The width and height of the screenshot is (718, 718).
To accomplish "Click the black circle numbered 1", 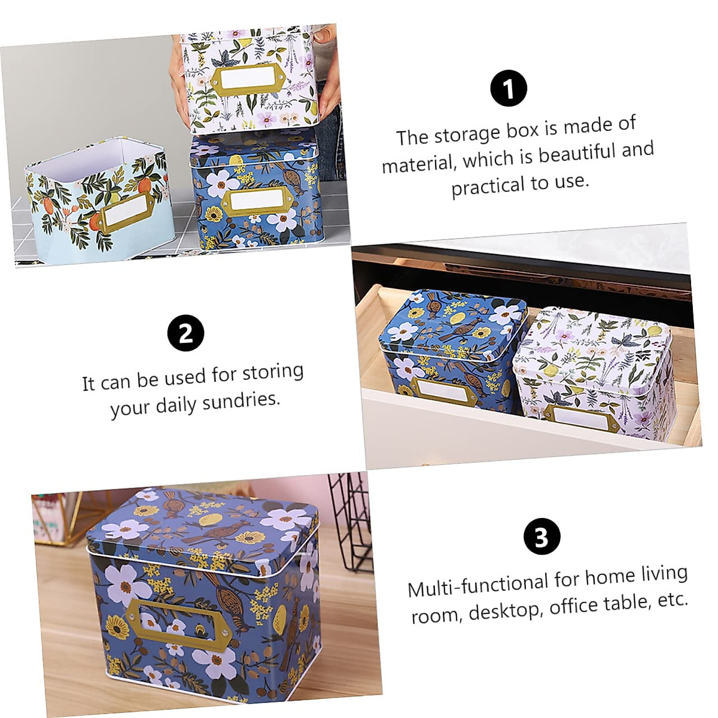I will (x=508, y=89).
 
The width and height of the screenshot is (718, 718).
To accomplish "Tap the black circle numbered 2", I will (x=185, y=333).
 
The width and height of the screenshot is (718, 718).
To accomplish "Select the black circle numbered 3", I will (x=541, y=537).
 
